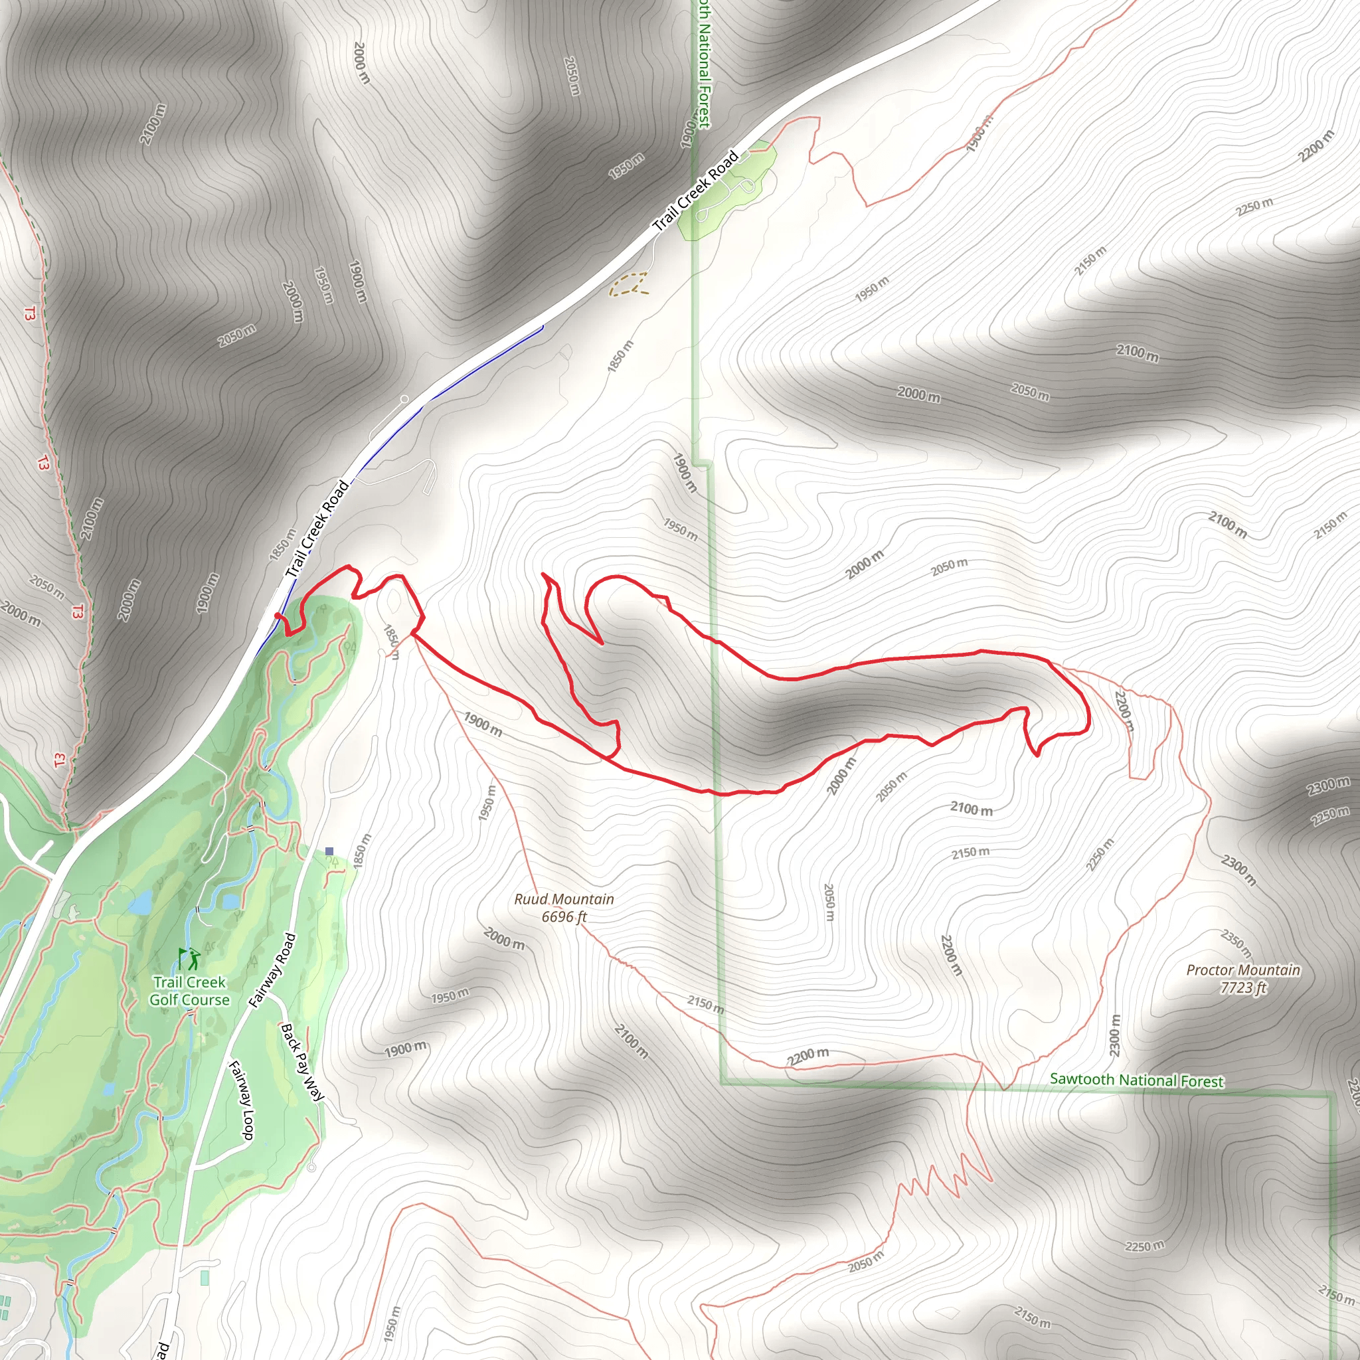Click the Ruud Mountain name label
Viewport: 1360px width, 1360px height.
coord(564,899)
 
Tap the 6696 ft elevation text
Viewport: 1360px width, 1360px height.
coord(564,916)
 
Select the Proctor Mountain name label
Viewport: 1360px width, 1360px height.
coord(1243,970)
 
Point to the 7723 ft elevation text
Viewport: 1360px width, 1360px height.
coord(1243,987)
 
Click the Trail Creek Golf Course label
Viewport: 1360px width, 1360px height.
coord(189,990)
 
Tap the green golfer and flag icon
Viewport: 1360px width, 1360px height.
coord(189,959)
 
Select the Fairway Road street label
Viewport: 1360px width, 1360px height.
coord(273,970)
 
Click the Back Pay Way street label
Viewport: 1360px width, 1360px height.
coord(302,1062)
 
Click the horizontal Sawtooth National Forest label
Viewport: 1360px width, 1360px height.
coord(1136,1080)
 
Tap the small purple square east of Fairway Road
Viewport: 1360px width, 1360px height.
coord(329,851)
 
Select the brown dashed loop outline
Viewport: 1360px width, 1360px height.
coord(630,284)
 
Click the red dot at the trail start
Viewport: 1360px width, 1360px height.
coord(278,616)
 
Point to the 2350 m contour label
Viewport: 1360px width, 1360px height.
coord(1236,943)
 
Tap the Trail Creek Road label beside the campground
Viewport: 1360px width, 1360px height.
coord(695,190)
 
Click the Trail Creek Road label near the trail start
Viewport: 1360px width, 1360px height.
coord(317,529)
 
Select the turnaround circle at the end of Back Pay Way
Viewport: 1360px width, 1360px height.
coord(312,1168)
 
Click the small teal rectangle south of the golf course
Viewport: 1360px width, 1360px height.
coord(205,1278)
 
